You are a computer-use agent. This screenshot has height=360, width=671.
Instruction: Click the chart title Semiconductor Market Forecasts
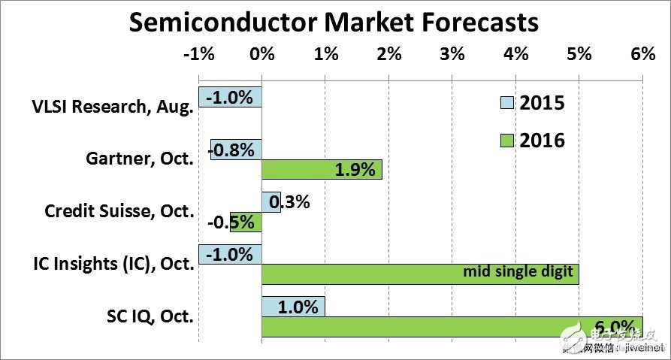click(x=334, y=22)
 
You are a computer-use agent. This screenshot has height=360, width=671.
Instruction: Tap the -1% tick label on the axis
click(x=199, y=55)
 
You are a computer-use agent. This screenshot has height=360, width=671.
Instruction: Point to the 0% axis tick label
click(x=261, y=55)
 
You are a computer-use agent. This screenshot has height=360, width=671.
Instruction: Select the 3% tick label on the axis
click(x=452, y=55)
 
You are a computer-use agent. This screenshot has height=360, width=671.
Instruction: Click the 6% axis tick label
click(x=642, y=55)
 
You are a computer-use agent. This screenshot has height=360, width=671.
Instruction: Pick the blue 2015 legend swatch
click(x=507, y=103)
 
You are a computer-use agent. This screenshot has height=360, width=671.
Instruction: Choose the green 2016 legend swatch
click(x=507, y=140)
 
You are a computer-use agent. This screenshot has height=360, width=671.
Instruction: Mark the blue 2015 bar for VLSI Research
click(x=230, y=97)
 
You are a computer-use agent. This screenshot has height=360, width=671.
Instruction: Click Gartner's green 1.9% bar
click(x=322, y=170)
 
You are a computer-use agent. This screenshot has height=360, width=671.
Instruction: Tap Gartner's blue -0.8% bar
click(x=236, y=150)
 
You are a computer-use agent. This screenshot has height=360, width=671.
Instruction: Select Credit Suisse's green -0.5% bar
click(x=246, y=222)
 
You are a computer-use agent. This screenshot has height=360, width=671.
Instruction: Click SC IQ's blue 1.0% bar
click(x=293, y=307)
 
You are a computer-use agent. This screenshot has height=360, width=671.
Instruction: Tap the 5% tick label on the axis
click(x=579, y=55)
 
